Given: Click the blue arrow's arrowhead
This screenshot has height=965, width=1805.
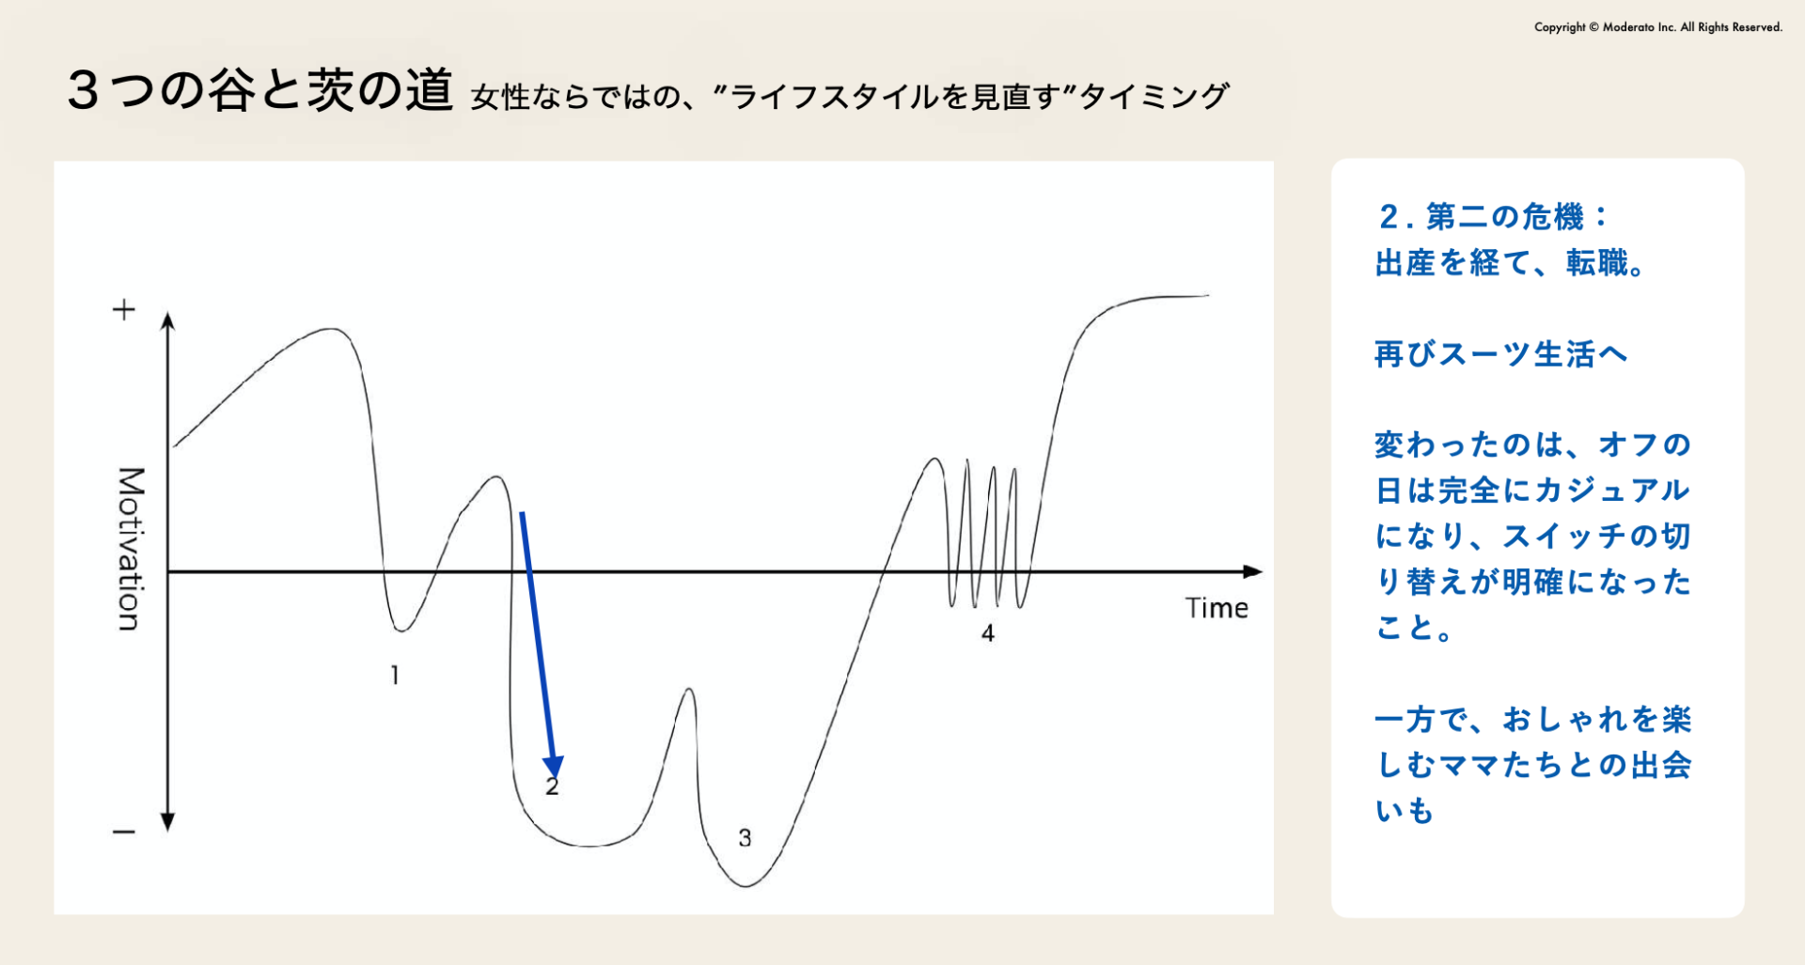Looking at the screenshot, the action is click(553, 766).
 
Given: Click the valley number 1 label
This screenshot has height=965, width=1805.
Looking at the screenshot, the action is click(395, 675).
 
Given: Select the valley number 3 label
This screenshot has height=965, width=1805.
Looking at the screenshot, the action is click(745, 837).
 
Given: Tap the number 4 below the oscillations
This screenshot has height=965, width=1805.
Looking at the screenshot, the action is click(987, 633).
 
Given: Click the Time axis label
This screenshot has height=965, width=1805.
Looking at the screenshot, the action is click(1216, 608).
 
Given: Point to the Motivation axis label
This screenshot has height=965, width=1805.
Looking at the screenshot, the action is click(131, 549).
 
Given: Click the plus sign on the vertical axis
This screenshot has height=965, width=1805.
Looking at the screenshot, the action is click(124, 310).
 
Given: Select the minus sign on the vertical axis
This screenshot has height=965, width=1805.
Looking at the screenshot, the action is click(124, 832).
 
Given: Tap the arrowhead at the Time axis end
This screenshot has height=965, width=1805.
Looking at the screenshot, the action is click(1253, 571).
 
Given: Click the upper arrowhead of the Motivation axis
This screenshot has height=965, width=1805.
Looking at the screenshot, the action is click(167, 321).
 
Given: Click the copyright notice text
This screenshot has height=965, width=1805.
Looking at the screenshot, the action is click(1658, 27).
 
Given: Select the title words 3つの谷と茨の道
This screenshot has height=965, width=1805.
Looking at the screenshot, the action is click(260, 91).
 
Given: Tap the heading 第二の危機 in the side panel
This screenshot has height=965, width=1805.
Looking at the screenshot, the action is click(1505, 217).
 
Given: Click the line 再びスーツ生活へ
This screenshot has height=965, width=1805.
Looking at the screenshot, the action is click(1500, 354).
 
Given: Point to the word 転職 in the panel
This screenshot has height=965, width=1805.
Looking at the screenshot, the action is click(1597, 263).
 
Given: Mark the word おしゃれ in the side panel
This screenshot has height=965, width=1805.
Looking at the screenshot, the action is click(1565, 720).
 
